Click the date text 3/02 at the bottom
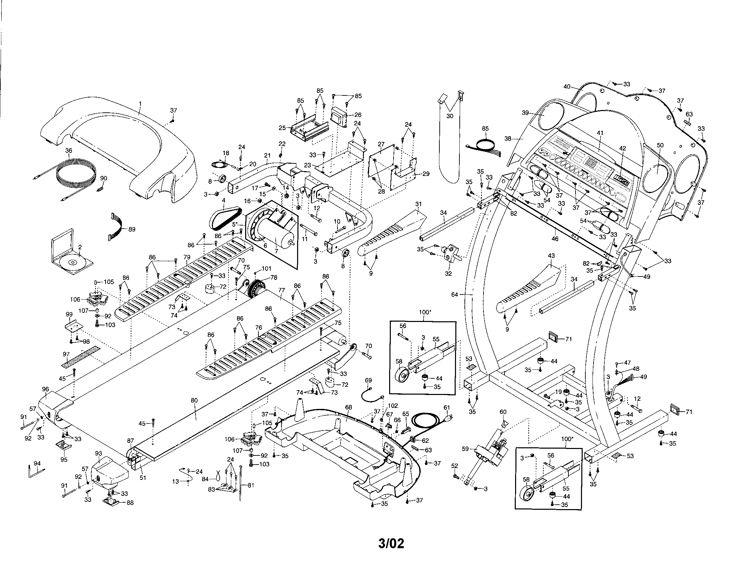tap(391, 543)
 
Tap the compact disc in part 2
tap(72, 263)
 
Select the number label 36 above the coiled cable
tap(69, 150)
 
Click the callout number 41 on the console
tap(600, 133)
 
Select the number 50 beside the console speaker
tap(660, 145)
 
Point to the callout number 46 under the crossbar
tap(555, 239)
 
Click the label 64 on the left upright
tap(455, 294)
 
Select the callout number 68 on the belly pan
tap(348, 407)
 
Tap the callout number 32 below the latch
tap(449, 273)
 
